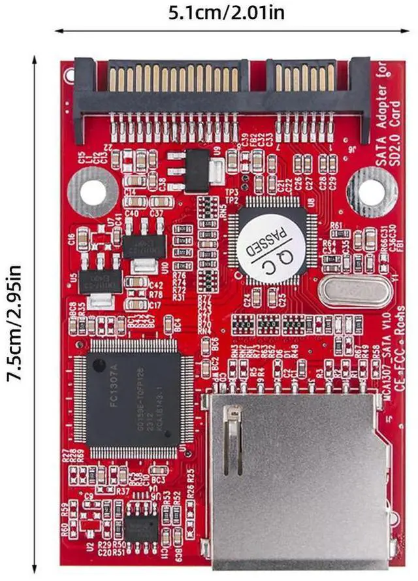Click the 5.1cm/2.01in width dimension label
(226, 12)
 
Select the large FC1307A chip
(133, 399)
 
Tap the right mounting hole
(371, 192)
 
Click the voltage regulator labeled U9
(193, 171)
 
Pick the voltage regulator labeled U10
(145, 246)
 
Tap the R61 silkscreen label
(337, 226)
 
